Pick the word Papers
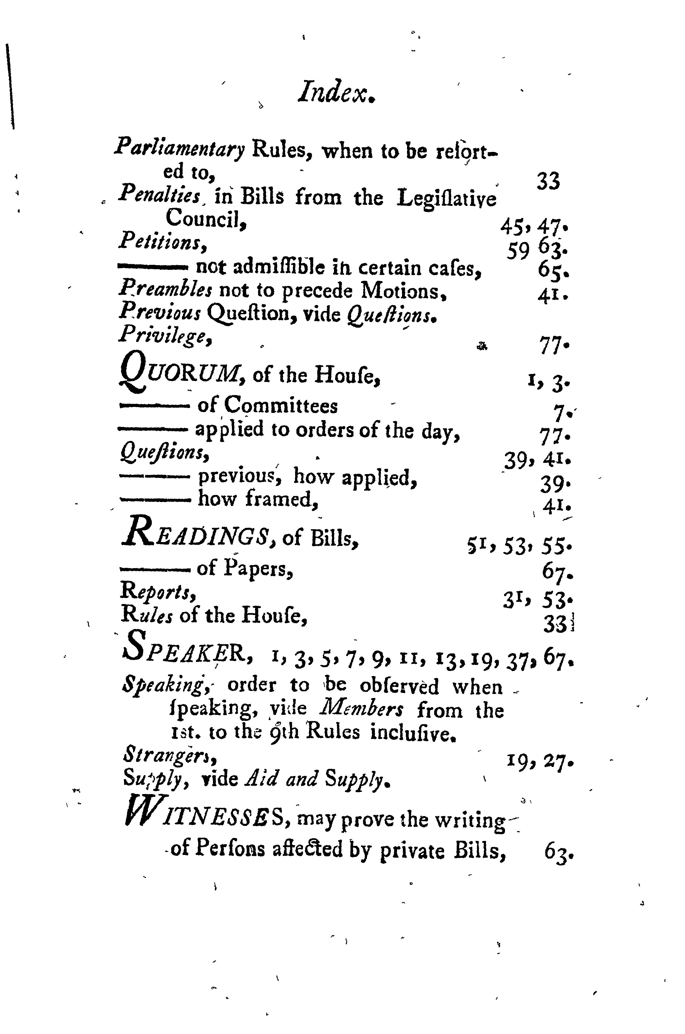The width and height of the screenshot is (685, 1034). [258, 569]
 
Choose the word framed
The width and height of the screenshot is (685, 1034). [281, 498]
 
